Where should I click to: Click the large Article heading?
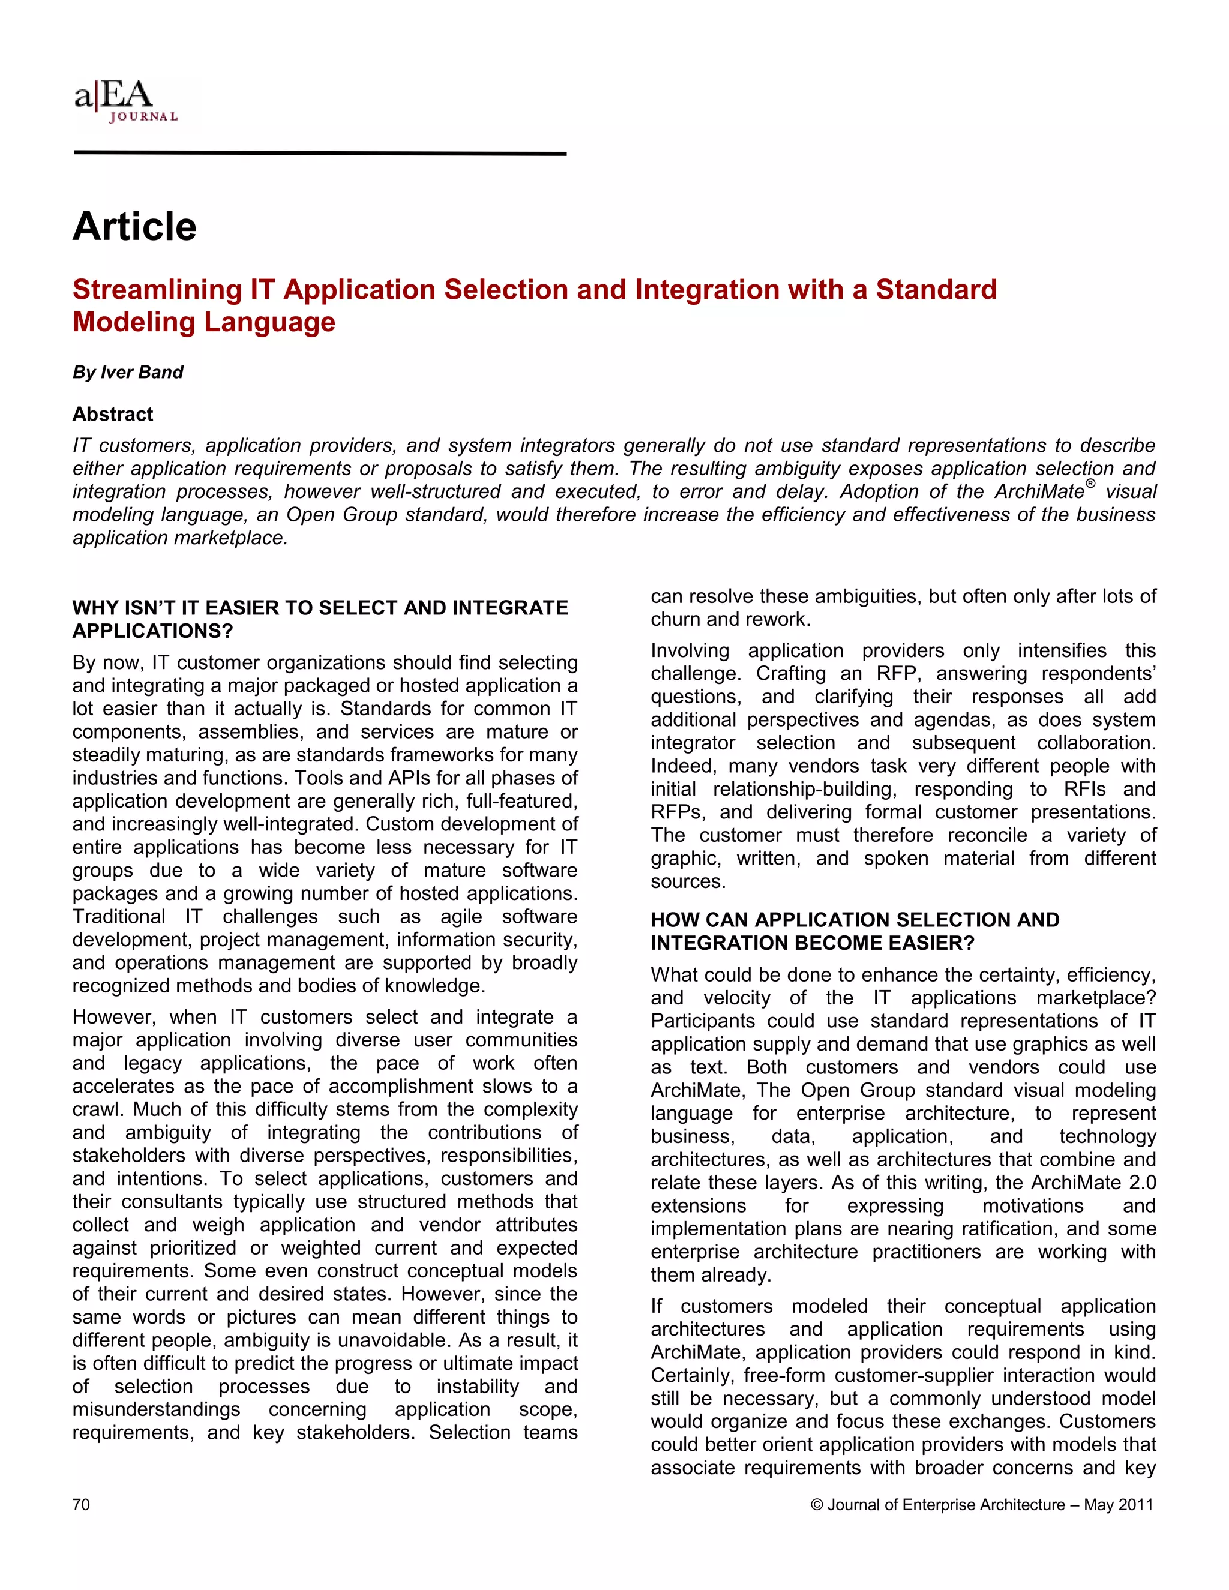click(134, 226)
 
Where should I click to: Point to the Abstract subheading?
click(113, 414)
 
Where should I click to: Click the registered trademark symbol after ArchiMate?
click(1090, 484)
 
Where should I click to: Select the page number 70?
click(81, 1505)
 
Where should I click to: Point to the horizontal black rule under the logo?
click(320, 154)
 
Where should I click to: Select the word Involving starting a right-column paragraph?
click(690, 650)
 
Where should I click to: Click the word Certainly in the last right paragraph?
click(692, 1375)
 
